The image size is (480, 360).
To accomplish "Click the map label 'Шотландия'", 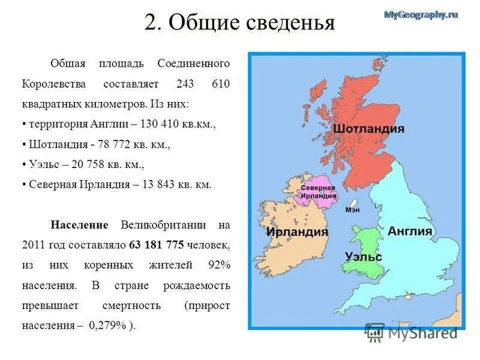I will [368, 129].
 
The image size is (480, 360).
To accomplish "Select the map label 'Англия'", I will [410, 232].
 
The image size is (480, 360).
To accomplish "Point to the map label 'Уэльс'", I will [364, 256].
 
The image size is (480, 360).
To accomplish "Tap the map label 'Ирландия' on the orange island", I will [297, 232].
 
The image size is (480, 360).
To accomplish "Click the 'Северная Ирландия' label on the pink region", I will [318, 192].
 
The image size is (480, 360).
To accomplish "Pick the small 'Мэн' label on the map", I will [353, 210].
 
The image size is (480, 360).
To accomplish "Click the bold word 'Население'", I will [79, 225].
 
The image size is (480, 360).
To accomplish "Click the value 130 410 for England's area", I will [160, 124].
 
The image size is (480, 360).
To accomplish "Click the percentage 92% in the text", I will [218, 265].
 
